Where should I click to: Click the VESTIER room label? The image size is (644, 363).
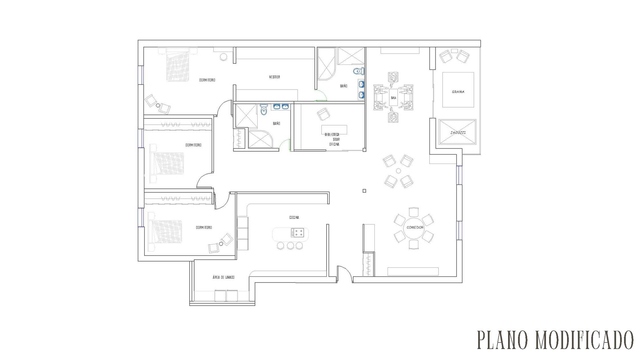(274, 77)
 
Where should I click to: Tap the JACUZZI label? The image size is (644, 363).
(458, 133)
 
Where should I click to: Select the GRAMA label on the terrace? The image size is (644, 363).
(458, 92)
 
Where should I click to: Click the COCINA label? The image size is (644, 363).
(294, 217)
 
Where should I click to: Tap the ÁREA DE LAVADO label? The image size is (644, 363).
(223, 277)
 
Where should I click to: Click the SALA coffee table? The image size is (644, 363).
(394, 98)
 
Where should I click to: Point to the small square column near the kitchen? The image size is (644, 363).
(364, 191)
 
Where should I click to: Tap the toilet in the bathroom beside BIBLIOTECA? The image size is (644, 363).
(264, 109)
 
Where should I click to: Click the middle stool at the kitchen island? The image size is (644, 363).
(290, 245)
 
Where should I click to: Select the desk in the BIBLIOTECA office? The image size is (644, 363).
(334, 130)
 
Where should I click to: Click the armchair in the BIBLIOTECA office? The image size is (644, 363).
(324, 114)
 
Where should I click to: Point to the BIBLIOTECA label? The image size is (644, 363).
(332, 134)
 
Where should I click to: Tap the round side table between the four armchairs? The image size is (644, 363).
(398, 171)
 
